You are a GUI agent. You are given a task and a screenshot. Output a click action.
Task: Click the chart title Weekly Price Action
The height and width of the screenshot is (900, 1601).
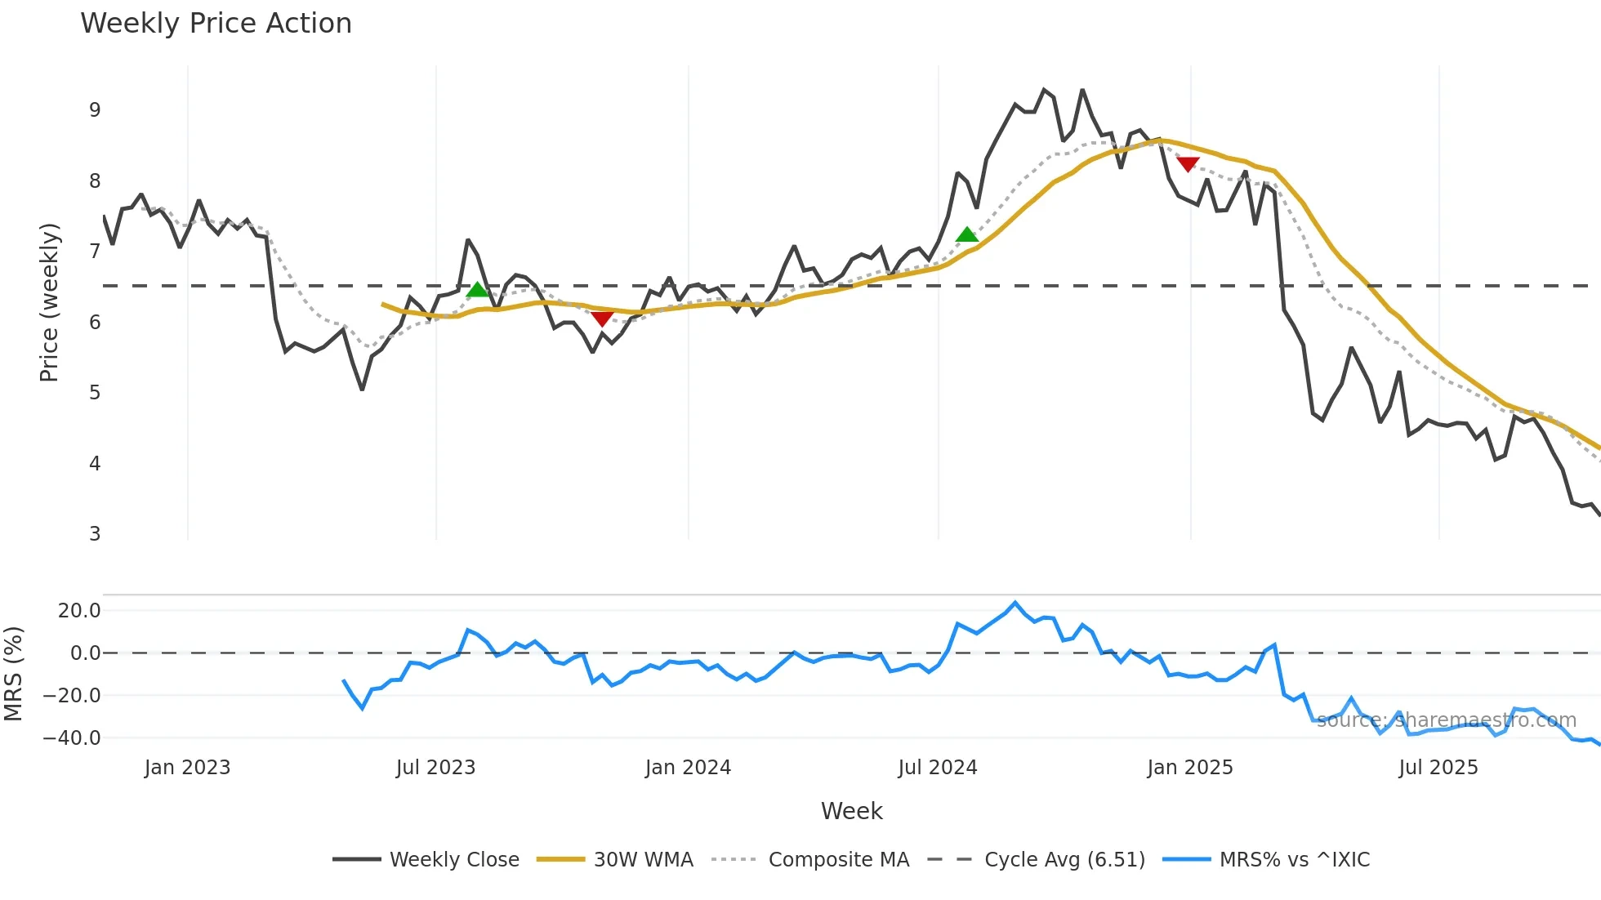pyautogui.click(x=216, y=24)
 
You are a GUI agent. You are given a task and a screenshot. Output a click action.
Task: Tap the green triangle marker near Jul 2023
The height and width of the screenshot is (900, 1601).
pyautogui.click(x=477, y=289)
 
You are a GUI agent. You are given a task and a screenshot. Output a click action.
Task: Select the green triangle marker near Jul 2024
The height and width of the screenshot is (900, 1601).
pyautogui.click(x=967, y=235)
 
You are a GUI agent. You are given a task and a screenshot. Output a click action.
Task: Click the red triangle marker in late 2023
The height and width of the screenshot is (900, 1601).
pyautogui.click(x=602, y=319)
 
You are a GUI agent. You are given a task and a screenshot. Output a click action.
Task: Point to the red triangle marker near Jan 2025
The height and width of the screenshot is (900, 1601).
pyautogui.click(x=1187, y=164)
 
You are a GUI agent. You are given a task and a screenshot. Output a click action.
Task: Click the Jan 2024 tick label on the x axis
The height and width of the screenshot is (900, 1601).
pyautogui.click(x=688, y=768)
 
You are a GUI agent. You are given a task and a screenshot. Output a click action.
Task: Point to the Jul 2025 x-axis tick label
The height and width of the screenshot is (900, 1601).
pyautogui.click(x=1438, y=768)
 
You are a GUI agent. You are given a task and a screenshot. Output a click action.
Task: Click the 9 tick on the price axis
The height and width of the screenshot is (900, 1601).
pyautogui.click(x=95, y=110)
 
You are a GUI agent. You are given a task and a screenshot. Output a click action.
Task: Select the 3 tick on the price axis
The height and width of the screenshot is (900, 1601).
pyautogui.click(x=95, y=534)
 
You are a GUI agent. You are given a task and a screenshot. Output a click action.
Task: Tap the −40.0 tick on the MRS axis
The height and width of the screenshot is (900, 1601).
pyautogui.click(x=72, y=738)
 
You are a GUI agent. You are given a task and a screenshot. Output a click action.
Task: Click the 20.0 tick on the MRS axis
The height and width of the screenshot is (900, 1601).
pyautogui.click(x=79, y=611)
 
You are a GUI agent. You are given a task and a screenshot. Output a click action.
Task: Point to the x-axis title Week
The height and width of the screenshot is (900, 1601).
pyautogui.click(x=851, y=811)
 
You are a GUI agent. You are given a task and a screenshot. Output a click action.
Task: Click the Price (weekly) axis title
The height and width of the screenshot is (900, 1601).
pyautogui.click(x=49, y=302)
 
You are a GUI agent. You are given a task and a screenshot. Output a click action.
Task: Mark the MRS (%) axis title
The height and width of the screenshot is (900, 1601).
pyautogui.click(x=13, y=674)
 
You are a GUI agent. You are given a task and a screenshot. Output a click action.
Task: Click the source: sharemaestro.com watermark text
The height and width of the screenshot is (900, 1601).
pyautogui.click(x=1446, y=720)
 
